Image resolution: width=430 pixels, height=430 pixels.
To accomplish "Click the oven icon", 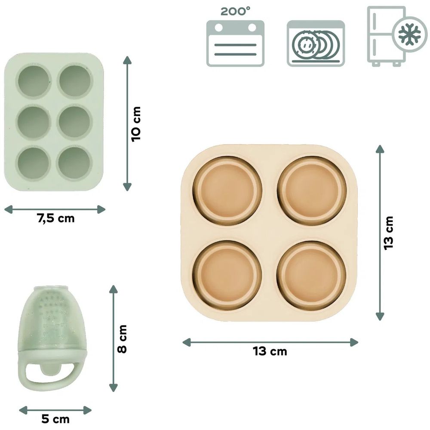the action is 235,43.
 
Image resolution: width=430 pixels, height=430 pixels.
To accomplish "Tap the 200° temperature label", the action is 235,11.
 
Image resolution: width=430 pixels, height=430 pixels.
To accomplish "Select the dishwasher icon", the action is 316,43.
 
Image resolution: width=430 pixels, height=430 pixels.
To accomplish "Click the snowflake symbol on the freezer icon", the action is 409,34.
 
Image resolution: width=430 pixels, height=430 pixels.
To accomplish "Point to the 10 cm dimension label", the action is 136,124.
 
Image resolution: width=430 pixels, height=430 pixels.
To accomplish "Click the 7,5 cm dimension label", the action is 55,218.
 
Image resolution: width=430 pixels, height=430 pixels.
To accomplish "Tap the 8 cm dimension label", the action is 122,339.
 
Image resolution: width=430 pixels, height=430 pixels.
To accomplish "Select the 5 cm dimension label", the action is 55,419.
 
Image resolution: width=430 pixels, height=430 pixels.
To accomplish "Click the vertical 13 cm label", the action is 389,233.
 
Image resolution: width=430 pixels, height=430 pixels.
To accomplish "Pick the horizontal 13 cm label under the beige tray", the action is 270,351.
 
